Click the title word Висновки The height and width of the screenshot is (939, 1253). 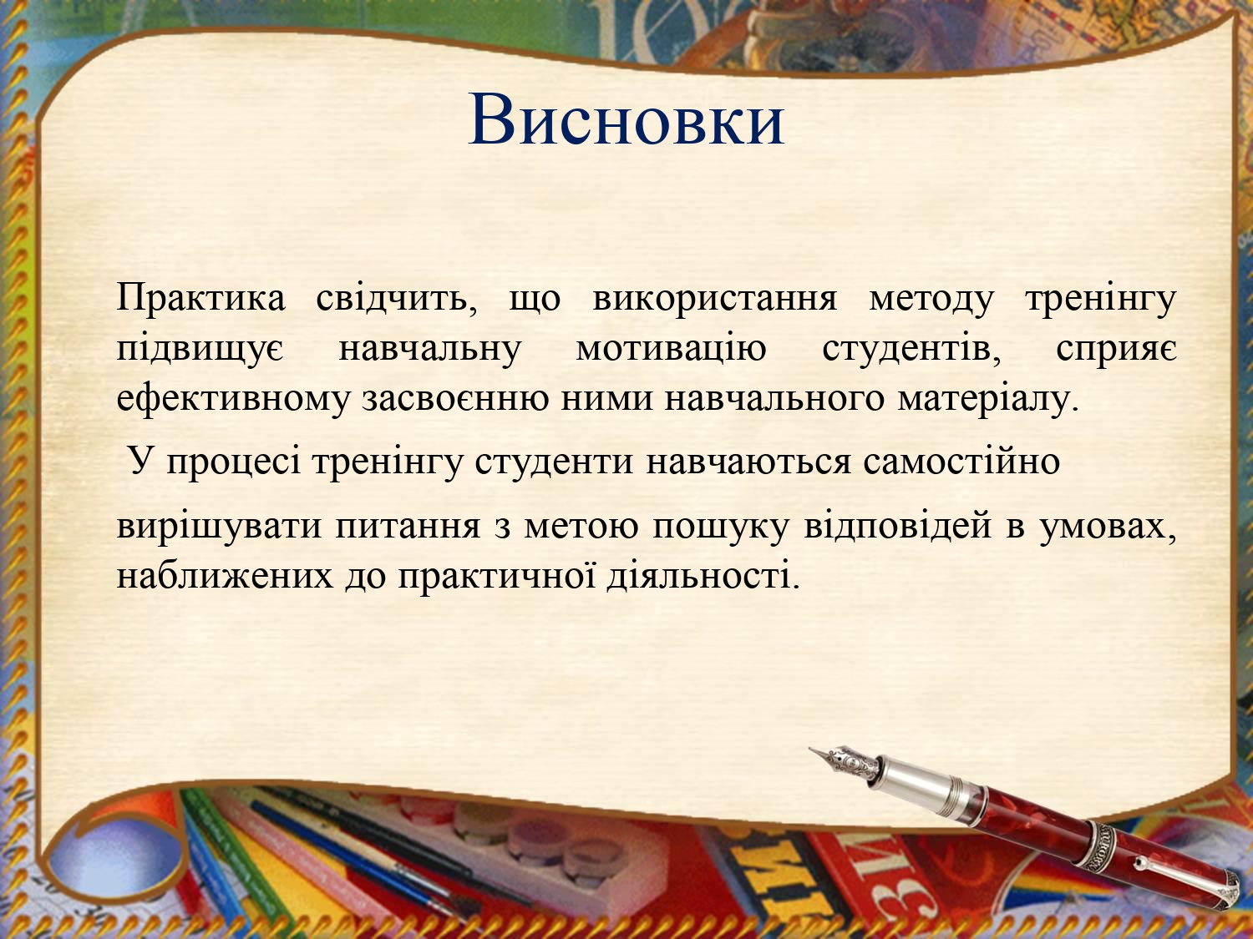(x=626, y=119)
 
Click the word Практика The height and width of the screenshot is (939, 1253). (x=201, y=298)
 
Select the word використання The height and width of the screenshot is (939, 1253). (x=715, y=299)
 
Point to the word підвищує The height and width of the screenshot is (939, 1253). (x=200, y=349)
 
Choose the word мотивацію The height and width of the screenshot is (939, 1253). (x=671, y=349)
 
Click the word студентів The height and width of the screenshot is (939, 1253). (x=911, y=349)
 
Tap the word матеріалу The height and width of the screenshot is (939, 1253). (x=988, y=399)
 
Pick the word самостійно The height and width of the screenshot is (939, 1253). (x=961, y=462)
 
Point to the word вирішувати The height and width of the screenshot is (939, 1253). (x=219, y=527)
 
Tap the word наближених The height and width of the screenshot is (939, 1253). (x=225, y=576)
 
